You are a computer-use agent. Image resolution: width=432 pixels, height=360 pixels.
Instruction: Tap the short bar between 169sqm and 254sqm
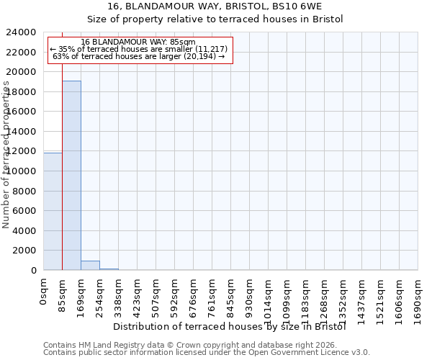[90, 265]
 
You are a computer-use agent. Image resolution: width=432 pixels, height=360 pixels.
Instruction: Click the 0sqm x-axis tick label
[44, 291]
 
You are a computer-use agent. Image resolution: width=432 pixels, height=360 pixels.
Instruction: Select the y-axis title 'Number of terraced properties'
[6, 154]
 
